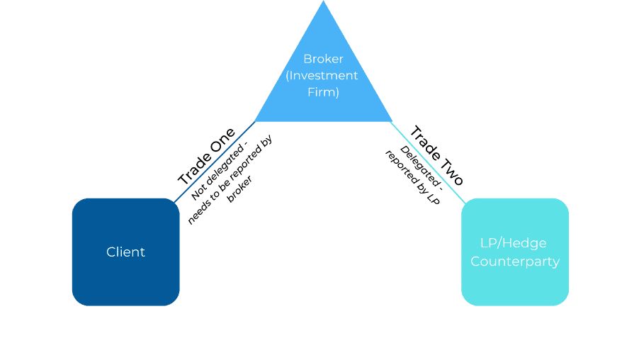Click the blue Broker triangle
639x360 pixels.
pos(323,81)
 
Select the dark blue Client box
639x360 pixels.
pos(126,252)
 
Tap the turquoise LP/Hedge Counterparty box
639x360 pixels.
pos(515,252)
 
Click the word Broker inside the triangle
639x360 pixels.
pos(323,59)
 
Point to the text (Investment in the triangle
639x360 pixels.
pos(322,75)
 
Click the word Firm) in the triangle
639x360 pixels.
pos(323,92)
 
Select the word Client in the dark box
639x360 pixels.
pos(125,252)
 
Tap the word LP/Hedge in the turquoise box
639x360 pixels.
pos(514,243)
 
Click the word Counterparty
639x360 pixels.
pos(515,261)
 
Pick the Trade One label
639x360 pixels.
pos(207,156)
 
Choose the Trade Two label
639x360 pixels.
pos(436,155)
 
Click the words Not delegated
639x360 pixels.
pos(219,171)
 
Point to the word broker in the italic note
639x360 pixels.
pos(239,189)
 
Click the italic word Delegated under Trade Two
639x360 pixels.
pos(422,167)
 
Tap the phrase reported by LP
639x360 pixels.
pos(412,177)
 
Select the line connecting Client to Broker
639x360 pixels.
pos(215,162)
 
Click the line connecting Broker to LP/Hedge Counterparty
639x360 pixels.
pos(428,162)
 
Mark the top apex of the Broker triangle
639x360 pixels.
pos(324,1)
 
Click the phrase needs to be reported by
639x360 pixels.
pos(230,179)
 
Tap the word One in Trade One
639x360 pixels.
pos(222,140)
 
